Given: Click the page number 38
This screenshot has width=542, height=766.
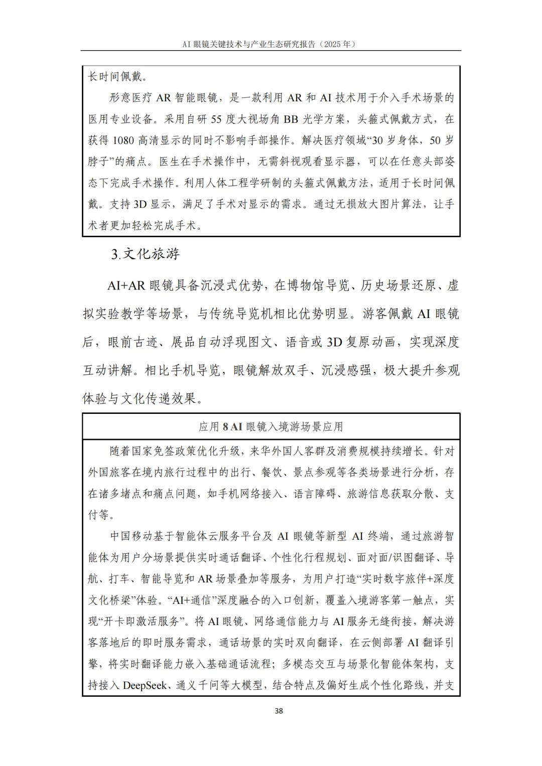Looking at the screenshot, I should pyautogui.click(x=279, y=711).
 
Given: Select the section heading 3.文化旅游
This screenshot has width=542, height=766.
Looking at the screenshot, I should pyautogui.click(x=146, y=254).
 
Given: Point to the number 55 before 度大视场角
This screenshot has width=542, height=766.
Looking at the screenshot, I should pyautogui.click(x=216, y=119).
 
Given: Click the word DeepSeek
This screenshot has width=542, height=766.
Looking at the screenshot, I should pyautogui.click(x=145, y=685).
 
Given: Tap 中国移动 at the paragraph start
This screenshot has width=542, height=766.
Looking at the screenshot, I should pyautogui.click(x=131, y=536).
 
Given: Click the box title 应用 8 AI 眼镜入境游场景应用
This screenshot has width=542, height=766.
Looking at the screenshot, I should pyautogui.click(x=271, y=427).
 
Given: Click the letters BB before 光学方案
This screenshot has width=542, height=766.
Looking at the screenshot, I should pyautogui.click(x=291, y=119).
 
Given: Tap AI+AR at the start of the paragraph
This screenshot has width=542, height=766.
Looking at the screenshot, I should pyautogui.click(x=126, y=286).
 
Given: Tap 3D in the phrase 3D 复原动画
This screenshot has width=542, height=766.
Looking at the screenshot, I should pyautogui.click(x=334, y=343).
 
